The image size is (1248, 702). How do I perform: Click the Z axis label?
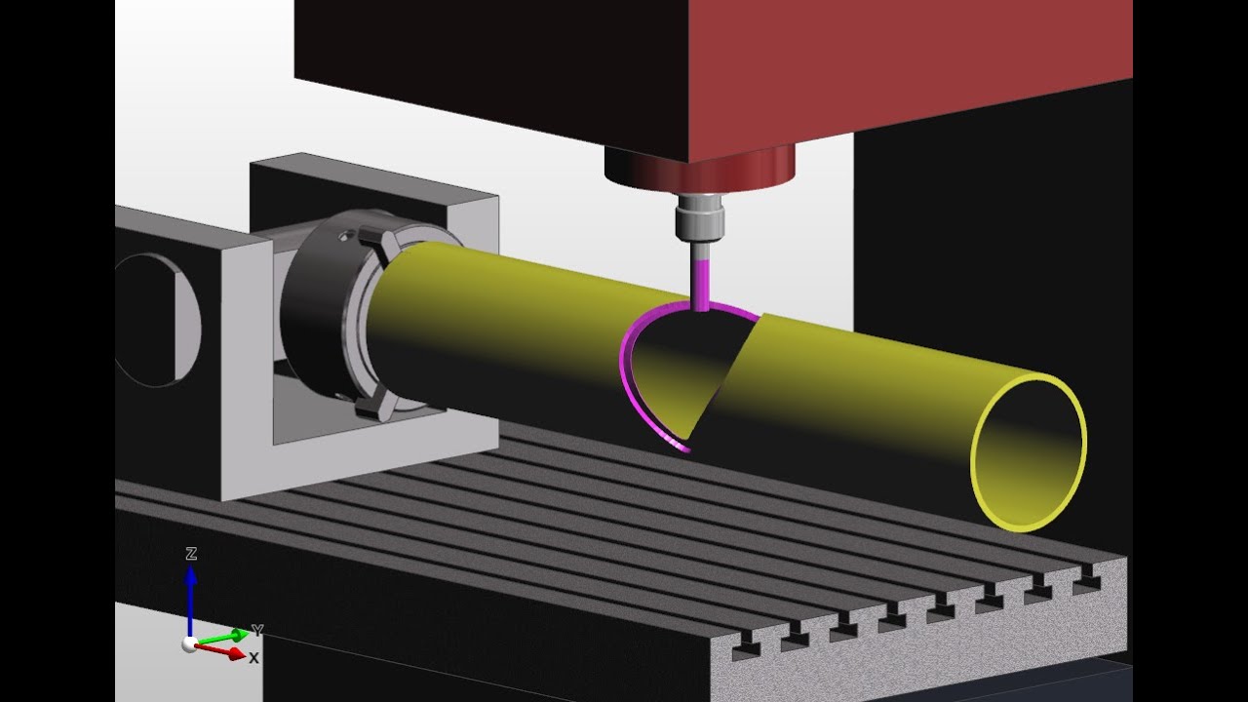point(191,553)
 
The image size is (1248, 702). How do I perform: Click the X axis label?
point(254,658)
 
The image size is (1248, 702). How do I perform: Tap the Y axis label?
point(256,630)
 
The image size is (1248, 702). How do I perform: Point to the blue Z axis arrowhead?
point(191,575)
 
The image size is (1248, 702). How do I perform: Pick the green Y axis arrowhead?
point(240,635)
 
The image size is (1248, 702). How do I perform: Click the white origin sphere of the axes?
point(189,644)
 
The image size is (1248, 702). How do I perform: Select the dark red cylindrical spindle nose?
point(700,167)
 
